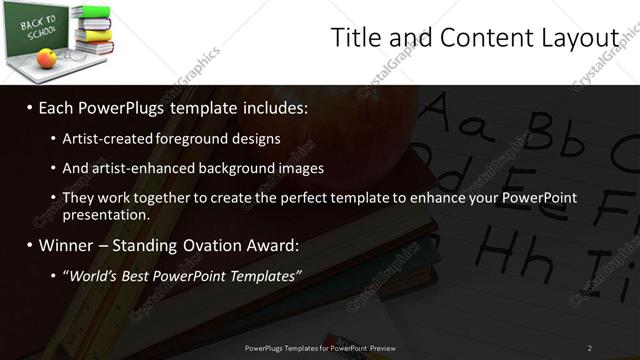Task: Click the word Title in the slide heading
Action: pos(354,38)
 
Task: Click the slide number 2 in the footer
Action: pos(589,347)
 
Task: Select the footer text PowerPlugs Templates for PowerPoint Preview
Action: pos(320,347)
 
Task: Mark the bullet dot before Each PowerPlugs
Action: pos(30,107)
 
